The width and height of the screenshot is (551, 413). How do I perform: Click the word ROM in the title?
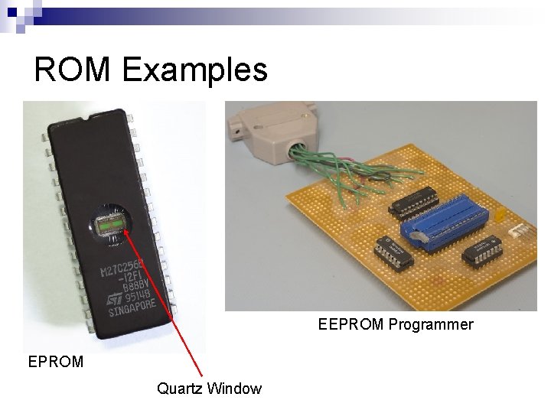tap(73, 70)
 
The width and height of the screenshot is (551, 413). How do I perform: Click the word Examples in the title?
tap(194, 70)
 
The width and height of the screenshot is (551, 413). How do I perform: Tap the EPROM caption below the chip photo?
tap(55, 362)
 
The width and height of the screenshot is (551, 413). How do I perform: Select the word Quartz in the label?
tap(178, 389)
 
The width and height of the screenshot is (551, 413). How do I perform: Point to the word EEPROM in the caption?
tap(350, 324)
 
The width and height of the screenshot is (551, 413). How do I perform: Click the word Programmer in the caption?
tap(430, 324)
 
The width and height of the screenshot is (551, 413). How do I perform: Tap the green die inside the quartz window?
tap(109, 225)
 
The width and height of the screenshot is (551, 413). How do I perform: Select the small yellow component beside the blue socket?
tap(499, 216)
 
